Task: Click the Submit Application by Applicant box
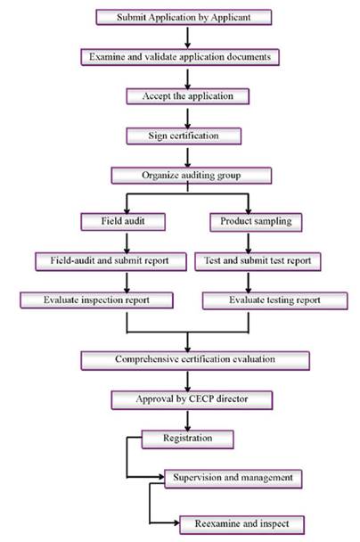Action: click(184, 17)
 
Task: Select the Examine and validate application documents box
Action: click(180, 57)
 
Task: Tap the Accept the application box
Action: click(188, 96)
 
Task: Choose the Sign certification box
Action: click(184, 136)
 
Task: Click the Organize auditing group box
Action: click(192, 176)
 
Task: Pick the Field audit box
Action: click(123, 222)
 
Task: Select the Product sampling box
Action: click(256, 222)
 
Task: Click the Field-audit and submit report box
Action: click(110, 261)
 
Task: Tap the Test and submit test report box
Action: click(258, 261)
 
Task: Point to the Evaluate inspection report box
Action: click(97, 300)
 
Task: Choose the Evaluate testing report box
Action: click(275, 300)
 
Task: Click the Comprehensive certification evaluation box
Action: click(195, 360)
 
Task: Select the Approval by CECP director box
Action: click(192, 400)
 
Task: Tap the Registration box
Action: click(188, 439)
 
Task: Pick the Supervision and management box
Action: click(233, 479)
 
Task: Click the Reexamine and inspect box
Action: click(241, 525)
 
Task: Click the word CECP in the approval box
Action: click(201, 398)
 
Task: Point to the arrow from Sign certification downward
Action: click(188, 158)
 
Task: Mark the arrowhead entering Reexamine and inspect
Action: click(176, 522)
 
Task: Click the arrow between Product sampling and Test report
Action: click(248, 243)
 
